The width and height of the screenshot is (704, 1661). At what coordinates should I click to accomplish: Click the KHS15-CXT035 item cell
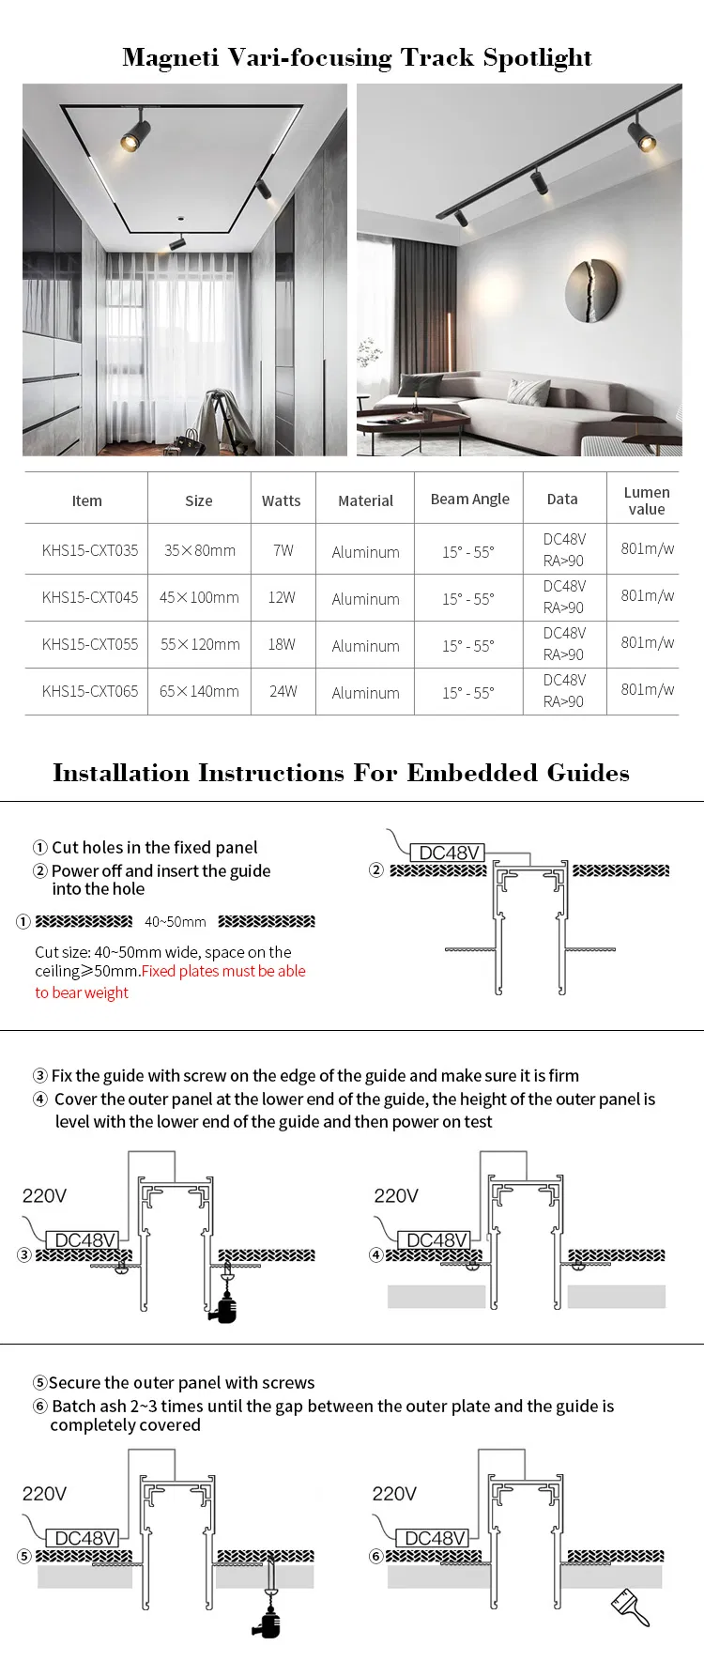pyautogui.click(x=89, y=550)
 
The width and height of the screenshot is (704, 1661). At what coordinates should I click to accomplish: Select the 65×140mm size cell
pyautogui.click(x=199, y=691)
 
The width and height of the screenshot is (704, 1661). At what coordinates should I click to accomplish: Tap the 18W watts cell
pyautogui.click(x=282, y=644)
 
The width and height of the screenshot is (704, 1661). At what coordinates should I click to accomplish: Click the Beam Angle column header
pyautogui.click(x=469, y=499)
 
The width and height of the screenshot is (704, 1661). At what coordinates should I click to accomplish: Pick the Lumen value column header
pyautogui.click(x=646, y=500)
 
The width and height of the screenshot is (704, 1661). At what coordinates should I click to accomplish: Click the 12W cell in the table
pyautogui.click(x=282, y=597)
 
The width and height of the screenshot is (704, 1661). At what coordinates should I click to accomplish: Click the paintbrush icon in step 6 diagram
pyautogui.click(x=631, y=1607)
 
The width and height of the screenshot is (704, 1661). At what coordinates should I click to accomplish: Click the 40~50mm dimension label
pyautogui.click(x=176, y=922)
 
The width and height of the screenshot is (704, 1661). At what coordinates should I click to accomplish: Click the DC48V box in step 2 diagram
pyautogui.click(x=449, y=853)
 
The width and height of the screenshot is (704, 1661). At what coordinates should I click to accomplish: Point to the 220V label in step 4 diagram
pyautogui.click(x=396, y=1195)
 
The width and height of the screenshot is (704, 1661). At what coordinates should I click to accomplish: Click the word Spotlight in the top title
pyautogui.click(x=537, y=58)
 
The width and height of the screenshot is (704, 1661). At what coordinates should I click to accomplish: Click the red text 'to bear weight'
pyautogui.click(x=82, y=992)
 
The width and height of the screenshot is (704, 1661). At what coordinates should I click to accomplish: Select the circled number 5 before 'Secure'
pyautogui.click(x=39, y=1383)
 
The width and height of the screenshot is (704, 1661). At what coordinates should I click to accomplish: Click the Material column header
pyautogui.click(x=365, y=500)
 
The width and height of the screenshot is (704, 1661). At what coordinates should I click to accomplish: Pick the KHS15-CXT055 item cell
pyautogui.click(x=89, y=644)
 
